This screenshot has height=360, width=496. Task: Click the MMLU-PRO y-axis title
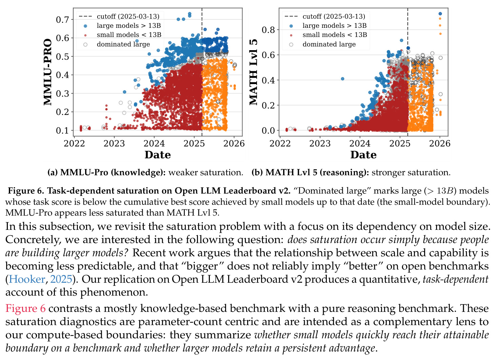[x=47, y=72]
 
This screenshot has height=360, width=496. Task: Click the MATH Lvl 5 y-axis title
[x=253, y=72]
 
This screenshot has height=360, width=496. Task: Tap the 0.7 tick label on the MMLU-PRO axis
[x=62, y=20]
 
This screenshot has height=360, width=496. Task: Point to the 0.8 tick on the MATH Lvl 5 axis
[x=268, y=30]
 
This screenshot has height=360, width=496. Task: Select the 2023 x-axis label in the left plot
[x=114, y=144]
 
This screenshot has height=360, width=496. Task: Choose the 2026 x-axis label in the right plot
[x=440, y=144]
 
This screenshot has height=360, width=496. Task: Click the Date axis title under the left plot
[x=158, y=155]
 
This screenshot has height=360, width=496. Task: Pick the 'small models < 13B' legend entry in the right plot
[x=329, y=35]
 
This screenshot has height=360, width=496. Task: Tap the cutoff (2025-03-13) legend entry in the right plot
[x=325, y=16]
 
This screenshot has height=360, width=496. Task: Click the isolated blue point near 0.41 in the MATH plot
[x=342, y=79]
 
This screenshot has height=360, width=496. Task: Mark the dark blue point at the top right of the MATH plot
[x=440, y=14]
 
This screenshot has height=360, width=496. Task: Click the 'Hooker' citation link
[x=27, y=279]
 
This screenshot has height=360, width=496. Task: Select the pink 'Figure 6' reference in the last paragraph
[x=25, y=308]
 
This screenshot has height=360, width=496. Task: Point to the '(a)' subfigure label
[x=53, y=173]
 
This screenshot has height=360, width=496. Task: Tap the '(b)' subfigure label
[x=257, y=173]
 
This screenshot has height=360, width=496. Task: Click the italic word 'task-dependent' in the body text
[x=455, y=279]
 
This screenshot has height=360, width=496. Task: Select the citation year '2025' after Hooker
[x=61, y=279]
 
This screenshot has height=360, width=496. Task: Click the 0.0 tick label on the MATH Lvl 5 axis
[x=268, y=131]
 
